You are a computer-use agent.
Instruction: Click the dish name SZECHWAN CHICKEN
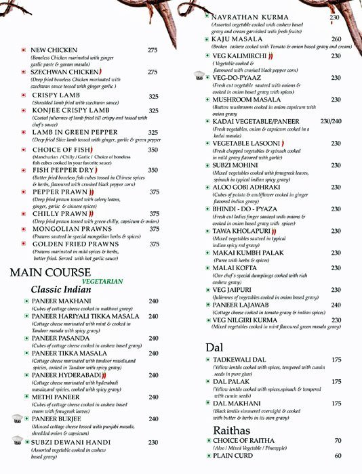click(62, 71)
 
